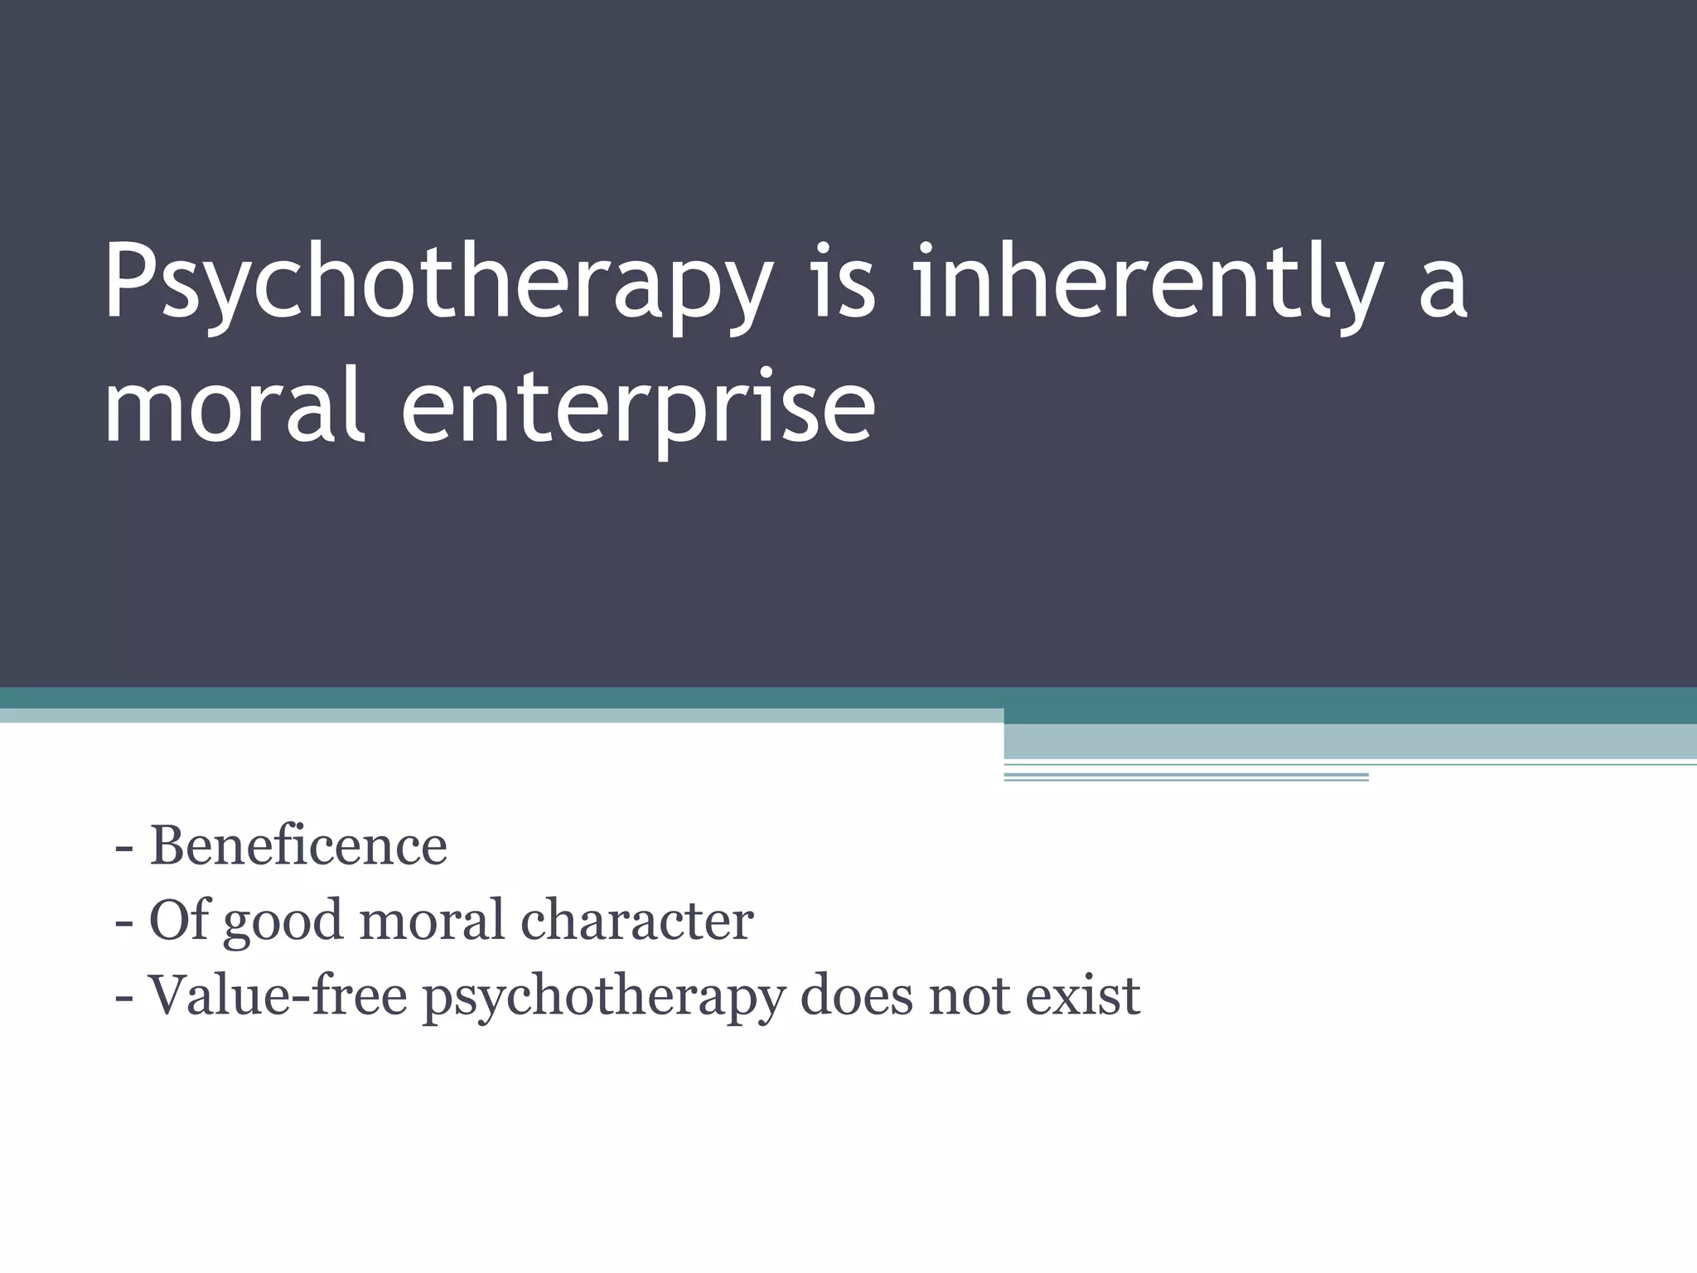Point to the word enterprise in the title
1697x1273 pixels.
[x=638, y=410]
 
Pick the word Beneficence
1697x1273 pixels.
[x=298, y=846]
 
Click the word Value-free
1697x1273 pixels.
[x=277, y=995]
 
